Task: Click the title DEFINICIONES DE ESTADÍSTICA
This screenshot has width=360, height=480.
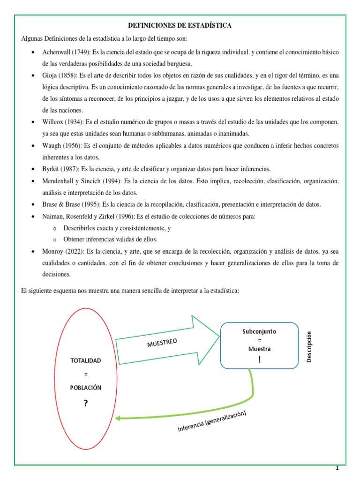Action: coord(180,25)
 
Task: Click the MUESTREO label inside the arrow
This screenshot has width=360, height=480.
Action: coord(162,344)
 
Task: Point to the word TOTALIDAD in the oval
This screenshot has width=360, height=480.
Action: coord(85,360)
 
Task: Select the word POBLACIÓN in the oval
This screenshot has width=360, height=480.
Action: coord(85,388)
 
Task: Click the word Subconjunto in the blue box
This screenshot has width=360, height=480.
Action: coord(259,331)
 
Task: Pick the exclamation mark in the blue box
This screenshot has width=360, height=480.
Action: coord(259,360)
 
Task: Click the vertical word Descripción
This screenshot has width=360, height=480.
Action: coord(308,346)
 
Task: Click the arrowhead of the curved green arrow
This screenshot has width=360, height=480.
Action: coord(118,418)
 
